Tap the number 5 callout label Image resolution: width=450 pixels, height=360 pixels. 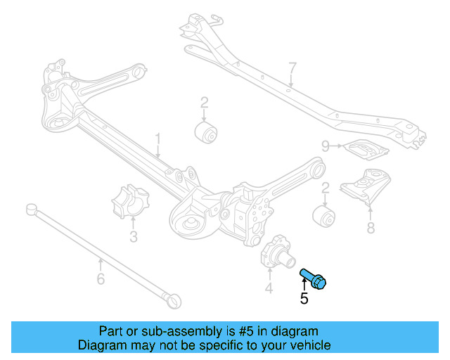tap(304, 299)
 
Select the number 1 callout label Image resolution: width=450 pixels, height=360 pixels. tap(158, 139)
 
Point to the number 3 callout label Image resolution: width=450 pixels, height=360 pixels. tap(134, 237)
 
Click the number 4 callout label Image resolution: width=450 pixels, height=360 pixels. tap(269, 288)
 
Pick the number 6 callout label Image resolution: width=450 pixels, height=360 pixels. tap(100, 280)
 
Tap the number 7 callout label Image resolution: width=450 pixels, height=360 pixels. tap(292, 68)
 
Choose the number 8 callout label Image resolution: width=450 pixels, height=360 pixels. tap(371, 227)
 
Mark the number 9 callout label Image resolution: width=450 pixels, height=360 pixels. tap(326, 146)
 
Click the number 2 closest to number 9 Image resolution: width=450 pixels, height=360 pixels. tap(326, 188)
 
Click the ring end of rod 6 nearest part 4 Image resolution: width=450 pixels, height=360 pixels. tap(173, 300)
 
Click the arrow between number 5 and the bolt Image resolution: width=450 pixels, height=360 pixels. tap(303, 283)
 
